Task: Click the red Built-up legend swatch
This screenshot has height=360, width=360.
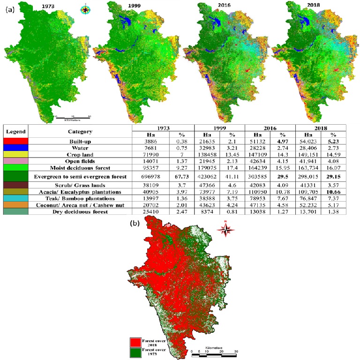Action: [15, 141]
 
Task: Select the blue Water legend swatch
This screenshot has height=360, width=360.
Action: [15, 148]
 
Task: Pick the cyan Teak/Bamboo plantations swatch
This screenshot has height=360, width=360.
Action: [15, 199]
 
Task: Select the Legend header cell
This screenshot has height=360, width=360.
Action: [15, 131]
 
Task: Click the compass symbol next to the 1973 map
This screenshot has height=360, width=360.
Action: [86, 8]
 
